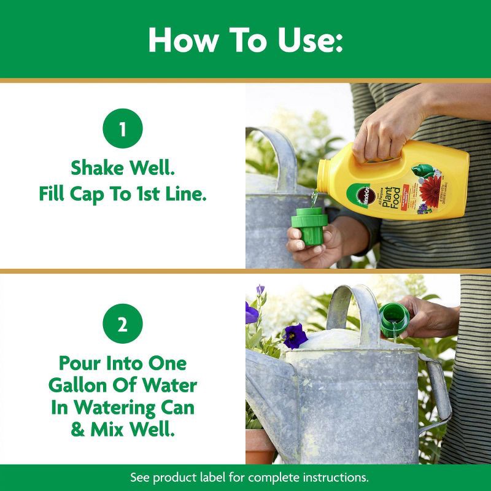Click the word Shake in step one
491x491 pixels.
pos(97,168)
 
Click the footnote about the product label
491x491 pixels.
pos(245,477)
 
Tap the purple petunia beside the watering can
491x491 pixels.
pos(295,335)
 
